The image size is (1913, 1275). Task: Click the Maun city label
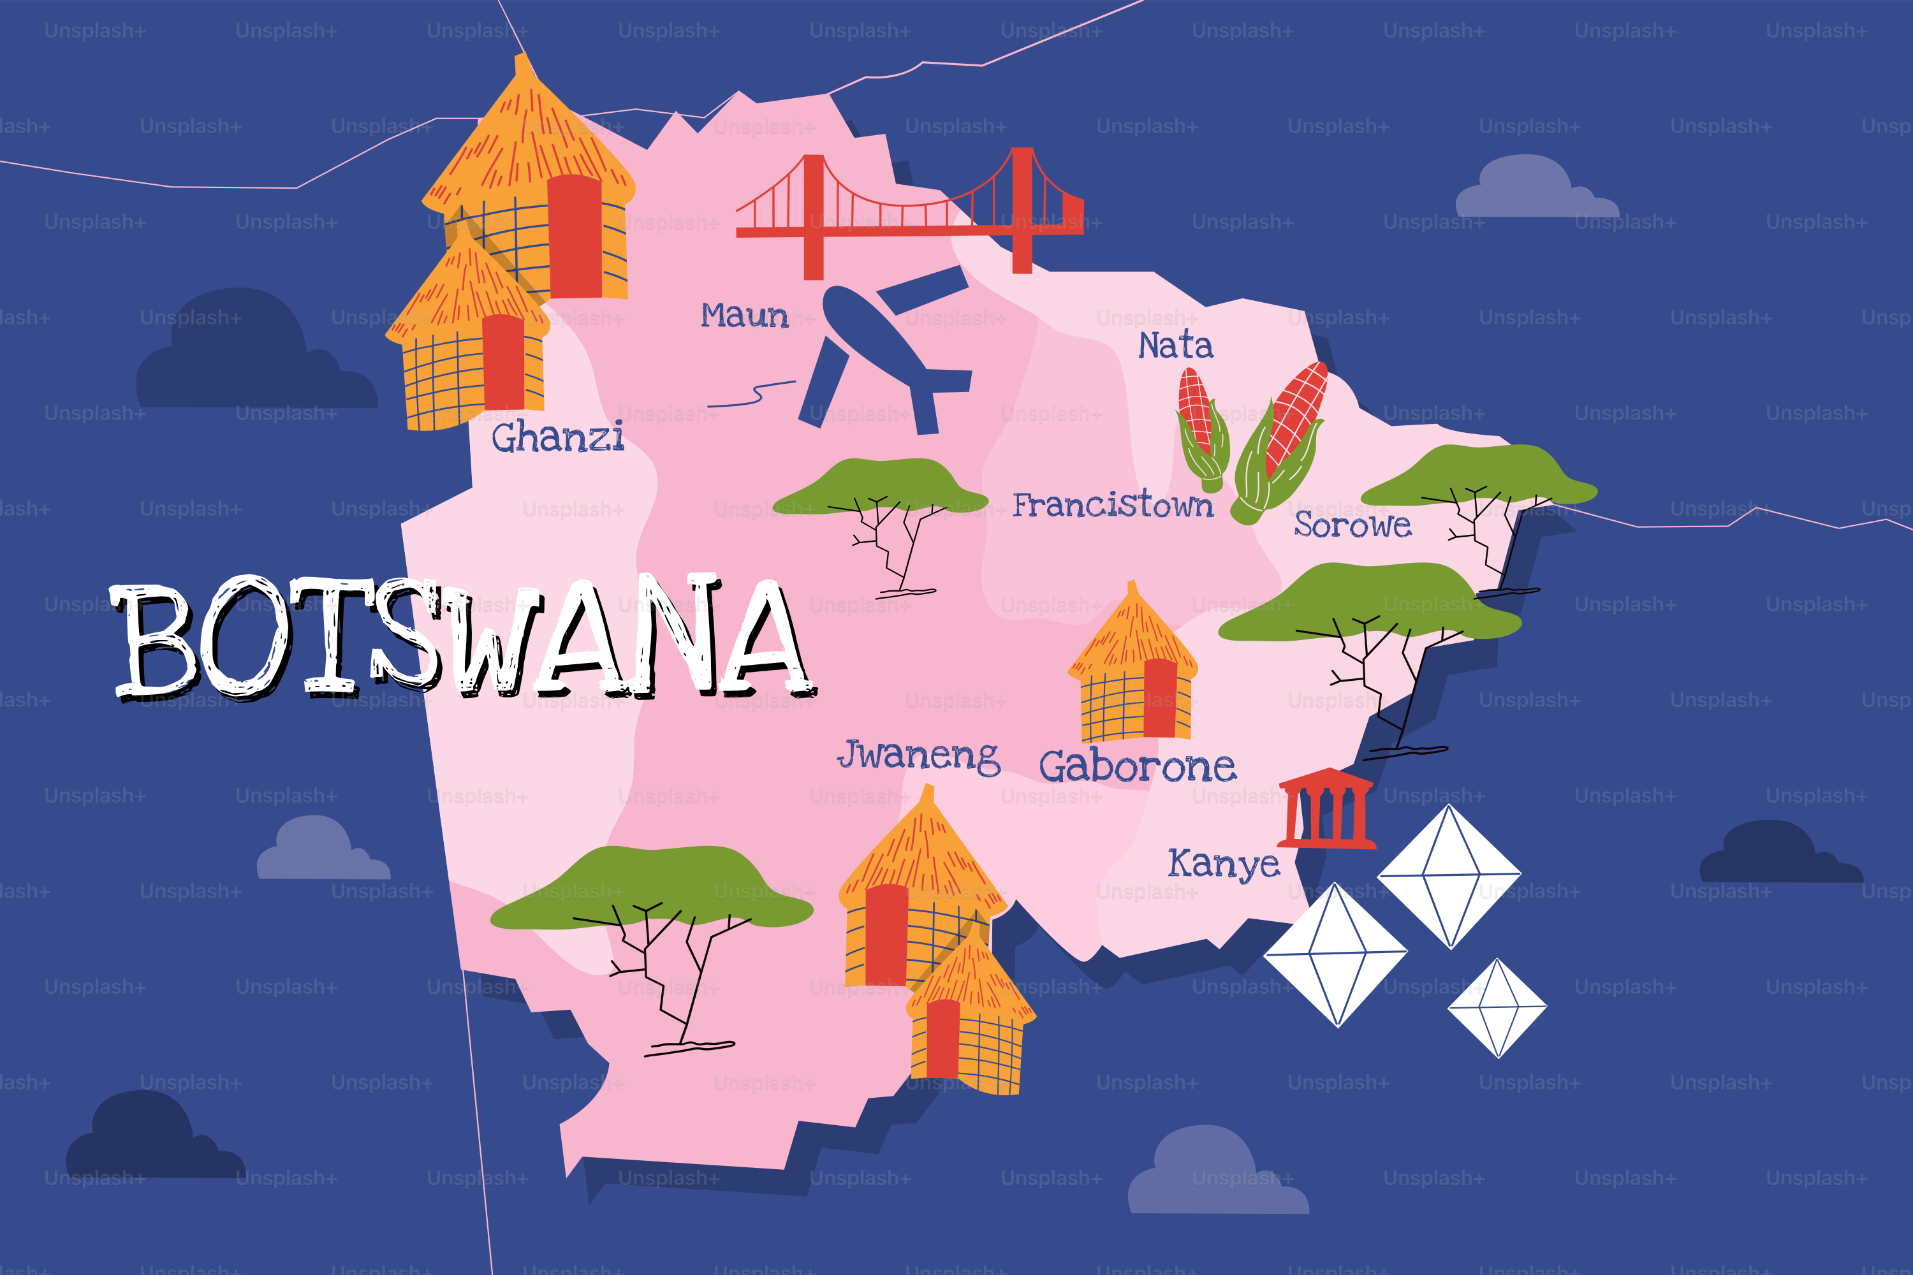(x=744, y=316)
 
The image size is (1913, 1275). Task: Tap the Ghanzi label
(x=558, y=437)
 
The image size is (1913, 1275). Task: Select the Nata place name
(x=1175, y=346)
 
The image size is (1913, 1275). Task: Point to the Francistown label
(x=1113, y=505)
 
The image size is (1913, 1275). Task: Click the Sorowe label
(x=1352, y=525)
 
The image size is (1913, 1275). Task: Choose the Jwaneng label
(x=919, y=755)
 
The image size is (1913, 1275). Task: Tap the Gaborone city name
(x=1137, y=767)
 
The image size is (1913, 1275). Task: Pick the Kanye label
(x=1223, y=864)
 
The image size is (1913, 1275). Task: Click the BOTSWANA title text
(x=464, y=638)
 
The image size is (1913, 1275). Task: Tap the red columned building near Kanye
(x=1326, y=808)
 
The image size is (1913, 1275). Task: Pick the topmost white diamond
(x=1449, y=876)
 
